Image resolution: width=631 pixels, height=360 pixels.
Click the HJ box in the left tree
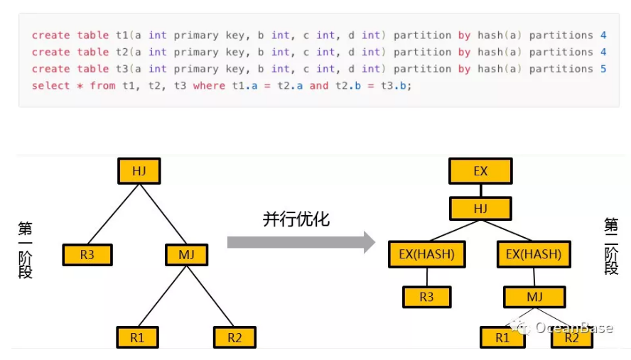[x=139, y=170]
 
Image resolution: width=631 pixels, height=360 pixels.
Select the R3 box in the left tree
[x=87, y=254]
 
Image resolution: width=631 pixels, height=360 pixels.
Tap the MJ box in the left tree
[x=186, y=254]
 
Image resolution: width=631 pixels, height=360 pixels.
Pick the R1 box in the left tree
[x=137, y=337]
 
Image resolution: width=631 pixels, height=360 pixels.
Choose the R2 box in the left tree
[x=234, y=337]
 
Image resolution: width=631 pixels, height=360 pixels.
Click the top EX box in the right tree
[x=480, y=171]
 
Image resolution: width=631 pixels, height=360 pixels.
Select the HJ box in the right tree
[x=480, y=208]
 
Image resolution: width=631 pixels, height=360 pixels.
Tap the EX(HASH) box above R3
[x=426, y=253]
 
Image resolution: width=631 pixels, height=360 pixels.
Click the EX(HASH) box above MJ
[x=533, y=253]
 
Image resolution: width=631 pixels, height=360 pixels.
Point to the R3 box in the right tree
[x=426, y=297]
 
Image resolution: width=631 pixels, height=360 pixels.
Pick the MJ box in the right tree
[x=534, y=297]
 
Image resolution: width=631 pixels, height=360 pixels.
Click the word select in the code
[x=50, y=86]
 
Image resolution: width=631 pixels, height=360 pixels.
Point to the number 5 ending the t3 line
[x=603, y=69]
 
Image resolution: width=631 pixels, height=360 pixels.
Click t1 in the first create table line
[x=123, y=35]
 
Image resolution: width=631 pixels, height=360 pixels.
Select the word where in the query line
[x=209, y=86]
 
